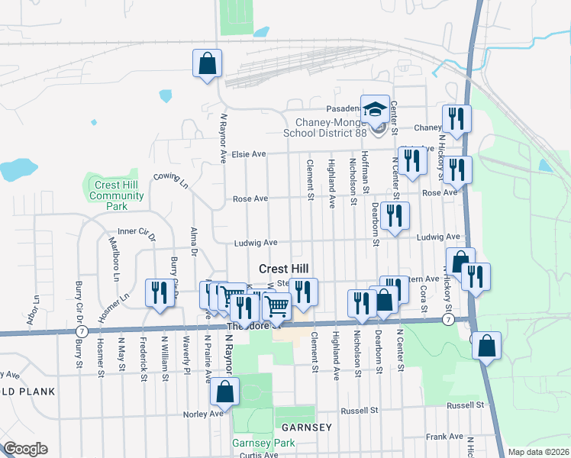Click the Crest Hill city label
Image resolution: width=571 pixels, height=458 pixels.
284,269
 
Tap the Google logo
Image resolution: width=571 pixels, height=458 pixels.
25,449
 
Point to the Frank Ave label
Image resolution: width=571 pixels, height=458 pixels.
445,436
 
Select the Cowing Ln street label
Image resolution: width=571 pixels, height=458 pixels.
170,181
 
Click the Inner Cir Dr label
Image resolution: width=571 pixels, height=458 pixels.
137,233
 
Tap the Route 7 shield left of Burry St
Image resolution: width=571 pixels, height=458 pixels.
82,331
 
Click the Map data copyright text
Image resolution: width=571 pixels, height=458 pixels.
538,452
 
